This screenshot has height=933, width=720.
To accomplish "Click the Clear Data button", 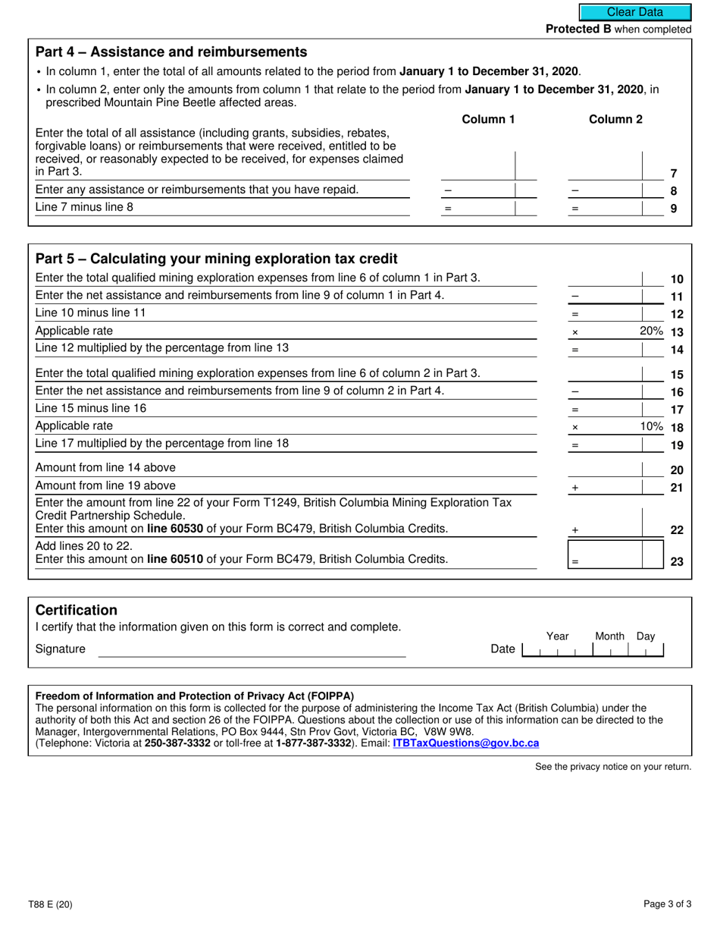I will pyautogui.click(x=635, y=12).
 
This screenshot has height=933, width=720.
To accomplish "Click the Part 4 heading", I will pyautogui.click(x=171, y=52).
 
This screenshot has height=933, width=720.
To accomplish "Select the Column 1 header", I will pyautogui.click(x=488, y=119).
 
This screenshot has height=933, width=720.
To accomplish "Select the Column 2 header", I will pyautogui.click(x=615, y=119).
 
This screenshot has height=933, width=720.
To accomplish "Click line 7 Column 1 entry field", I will pyautogui.click(x=477, y=166).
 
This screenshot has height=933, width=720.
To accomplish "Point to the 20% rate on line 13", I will pyautogui.click(x=651, y=331).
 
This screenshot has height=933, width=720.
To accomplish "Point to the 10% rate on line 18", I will pyautogui.click(x=651, y=426).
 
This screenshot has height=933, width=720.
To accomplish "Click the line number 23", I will pyautogui.click(x=677, y=562).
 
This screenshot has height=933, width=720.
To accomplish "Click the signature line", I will pyautogui.click(x=252, y=651).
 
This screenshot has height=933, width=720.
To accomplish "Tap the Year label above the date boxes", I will pyautogui.click(x=557, y=636).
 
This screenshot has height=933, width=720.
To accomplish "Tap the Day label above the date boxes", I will pyautogui.click(x=646, y=636).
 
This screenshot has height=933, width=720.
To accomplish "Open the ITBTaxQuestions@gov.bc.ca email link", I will pyautogui.click(x=465, y=743).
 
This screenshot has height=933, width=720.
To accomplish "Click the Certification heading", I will pyautogui.click(x=77, y=611).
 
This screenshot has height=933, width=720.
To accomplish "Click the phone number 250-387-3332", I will pyautogui.click(x=177, y=743).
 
